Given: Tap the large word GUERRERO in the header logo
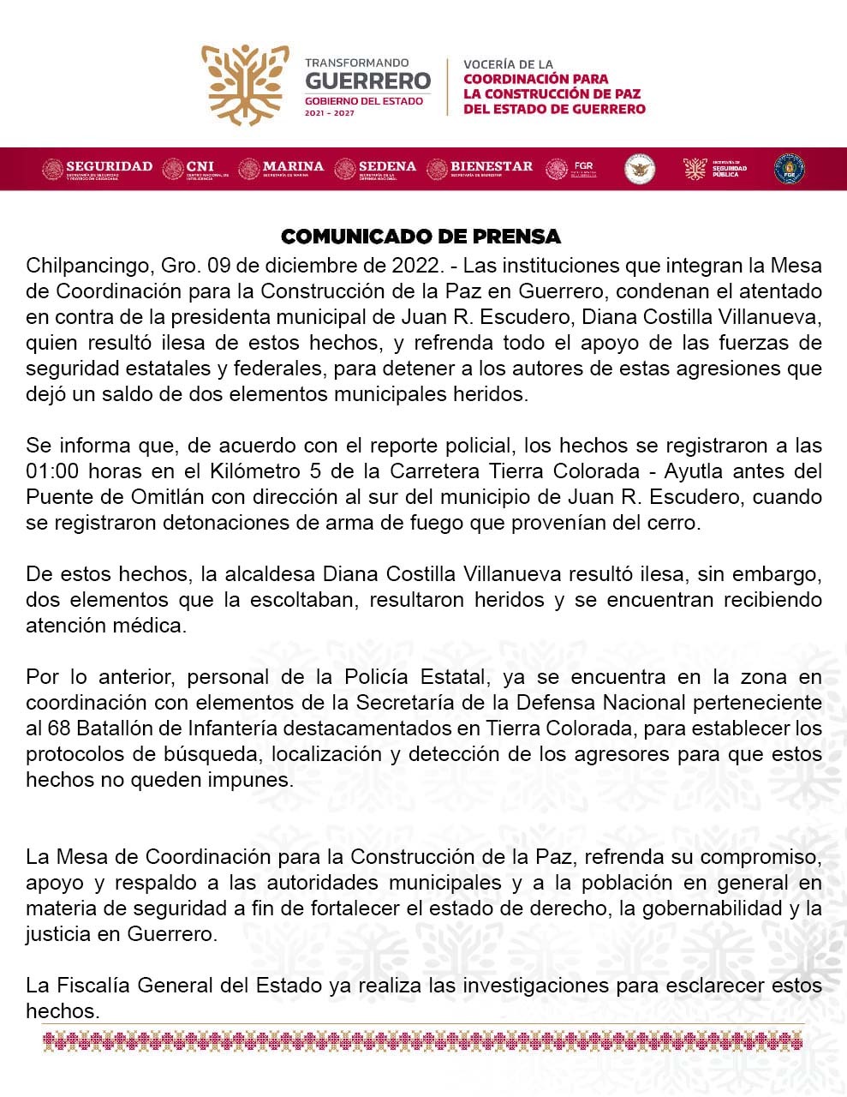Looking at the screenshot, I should tap(368, 81).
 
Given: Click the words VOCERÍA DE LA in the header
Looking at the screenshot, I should tap(508, 64).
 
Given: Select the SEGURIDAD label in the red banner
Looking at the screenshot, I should tap(109, 165).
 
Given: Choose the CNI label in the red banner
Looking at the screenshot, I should tap(200, 165).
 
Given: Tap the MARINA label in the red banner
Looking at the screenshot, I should tap(293, 165).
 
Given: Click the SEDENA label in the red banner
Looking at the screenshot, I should tap(387, 165).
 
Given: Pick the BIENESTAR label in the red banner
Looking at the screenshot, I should tap(491, 165).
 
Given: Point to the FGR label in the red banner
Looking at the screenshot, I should tap(583, 165).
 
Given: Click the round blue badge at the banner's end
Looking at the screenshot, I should tap(789, 169).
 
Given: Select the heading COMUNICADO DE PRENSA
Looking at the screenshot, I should tap(421, 237).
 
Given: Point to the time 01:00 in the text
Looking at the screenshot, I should tap(51, 471).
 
